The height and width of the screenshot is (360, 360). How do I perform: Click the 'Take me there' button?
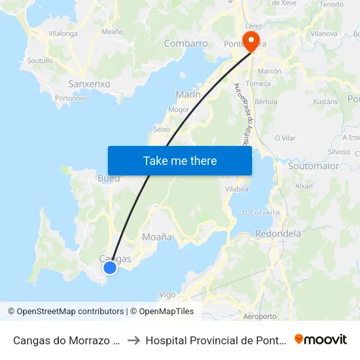coord(180,160)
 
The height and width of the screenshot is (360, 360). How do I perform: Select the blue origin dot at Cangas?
coord(110,267)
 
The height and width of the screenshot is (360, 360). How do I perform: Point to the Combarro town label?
coord(186,44)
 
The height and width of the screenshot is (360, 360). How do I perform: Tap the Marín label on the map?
coord(188,94)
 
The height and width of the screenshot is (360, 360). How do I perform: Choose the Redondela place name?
coord(278,234)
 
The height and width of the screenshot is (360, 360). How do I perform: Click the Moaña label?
coord(157,237)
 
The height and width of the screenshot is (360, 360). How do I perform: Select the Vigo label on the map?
coord(168,295)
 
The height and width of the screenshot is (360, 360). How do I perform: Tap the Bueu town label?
coord(109,178)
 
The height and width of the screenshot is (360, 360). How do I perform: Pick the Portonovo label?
coord(71,98)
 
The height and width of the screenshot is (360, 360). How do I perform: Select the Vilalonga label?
coord(63,33)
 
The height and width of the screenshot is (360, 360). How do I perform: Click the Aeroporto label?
coord(259,316)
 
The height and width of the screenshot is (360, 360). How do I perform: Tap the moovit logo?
coord(321,340)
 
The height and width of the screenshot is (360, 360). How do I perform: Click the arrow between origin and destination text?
coord(133,340)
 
